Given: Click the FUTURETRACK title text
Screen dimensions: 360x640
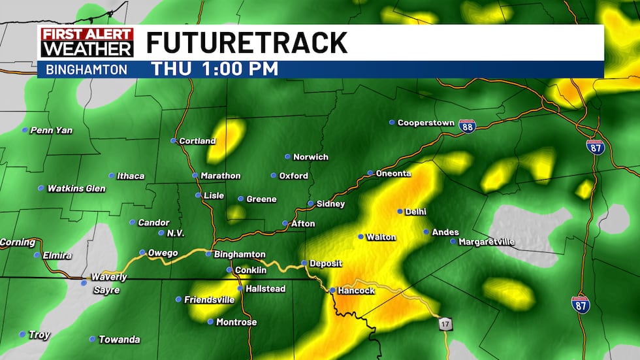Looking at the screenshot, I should pyautogui.click(x=246, y=42).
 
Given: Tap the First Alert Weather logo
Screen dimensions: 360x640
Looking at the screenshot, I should pyautogui.click(x=87, y=42).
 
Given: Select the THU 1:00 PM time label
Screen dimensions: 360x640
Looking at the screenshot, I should pyautogui.click(x=215, y=69).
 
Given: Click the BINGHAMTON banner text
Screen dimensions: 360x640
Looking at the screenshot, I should pyautogui.click(x=87, y=69).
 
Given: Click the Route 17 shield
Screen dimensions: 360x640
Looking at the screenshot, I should pyautogui.click(x=444, y=323).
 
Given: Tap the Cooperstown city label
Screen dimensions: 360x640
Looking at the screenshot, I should pyautogui.click(x=425, y=123).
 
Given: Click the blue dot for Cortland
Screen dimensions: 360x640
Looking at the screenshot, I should pyautogui.click(x=174, y=140).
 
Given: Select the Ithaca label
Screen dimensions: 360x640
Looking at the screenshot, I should pyautogui.click(x=131, y=176).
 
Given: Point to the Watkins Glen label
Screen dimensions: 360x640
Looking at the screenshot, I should pyautogui.click(x=76, y=189).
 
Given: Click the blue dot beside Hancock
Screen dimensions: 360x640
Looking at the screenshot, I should pyautogui.click(x=332, y=290).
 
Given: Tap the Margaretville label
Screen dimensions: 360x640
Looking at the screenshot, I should pyautogui.click(x=487, y=242).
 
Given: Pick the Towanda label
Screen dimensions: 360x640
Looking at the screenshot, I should pyautogui.click(x=119, y=340).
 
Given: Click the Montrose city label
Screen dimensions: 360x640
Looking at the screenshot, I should pyautogui.click(x=236, y=322).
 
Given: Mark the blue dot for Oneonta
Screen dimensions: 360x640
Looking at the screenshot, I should pyautogui.click(x=370, y=173).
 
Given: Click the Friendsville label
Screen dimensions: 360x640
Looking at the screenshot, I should pyautogui.click(x=209, y=300).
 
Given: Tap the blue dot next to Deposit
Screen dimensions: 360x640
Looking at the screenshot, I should pyautogui.click(x=304, y=263).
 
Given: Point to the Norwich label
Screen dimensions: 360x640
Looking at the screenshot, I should pyautogui.click(x=311, y=157).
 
